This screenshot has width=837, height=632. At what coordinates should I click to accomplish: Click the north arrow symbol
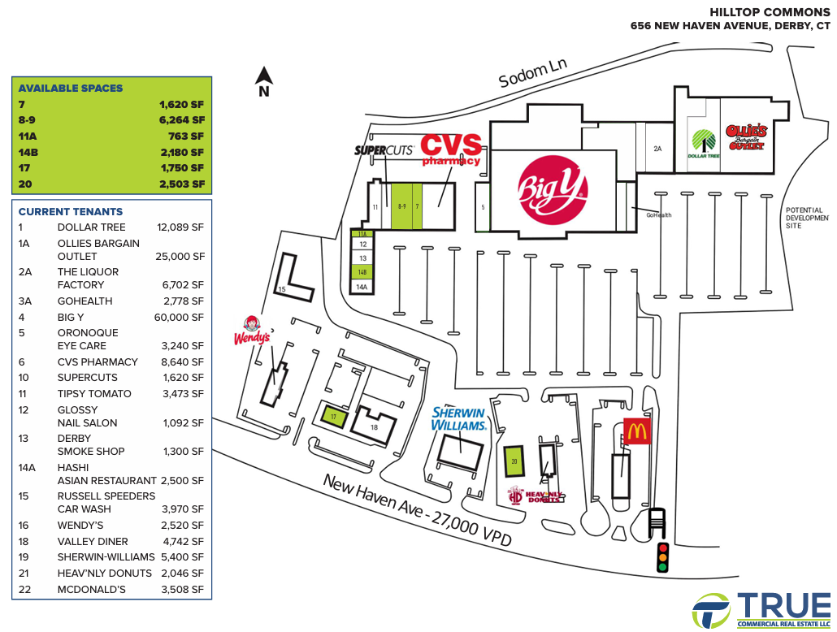tap(264, 82)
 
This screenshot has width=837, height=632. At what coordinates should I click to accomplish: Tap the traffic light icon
tap(662, 557)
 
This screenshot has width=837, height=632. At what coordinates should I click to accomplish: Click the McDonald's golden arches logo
tap(637, 431)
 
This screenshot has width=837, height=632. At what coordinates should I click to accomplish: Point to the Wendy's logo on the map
tap(252, 331)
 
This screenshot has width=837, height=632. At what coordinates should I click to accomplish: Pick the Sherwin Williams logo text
tap(458, 419)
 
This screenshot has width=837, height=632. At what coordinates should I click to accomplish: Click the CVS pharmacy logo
tap(452, 149)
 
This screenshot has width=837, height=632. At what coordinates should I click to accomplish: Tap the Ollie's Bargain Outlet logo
tap(746, 137)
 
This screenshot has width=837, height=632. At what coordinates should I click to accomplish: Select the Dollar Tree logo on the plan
tap(704, 144)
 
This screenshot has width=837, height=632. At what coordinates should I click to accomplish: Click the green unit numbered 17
tap(334, 417)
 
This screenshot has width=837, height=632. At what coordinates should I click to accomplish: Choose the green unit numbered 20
tap(514, 461)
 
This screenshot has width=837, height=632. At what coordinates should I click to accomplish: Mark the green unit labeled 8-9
tap(402, 206)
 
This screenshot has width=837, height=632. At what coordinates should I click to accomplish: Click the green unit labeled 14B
tap(362, 272)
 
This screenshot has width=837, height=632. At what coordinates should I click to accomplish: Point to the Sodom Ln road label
tap(532, 73)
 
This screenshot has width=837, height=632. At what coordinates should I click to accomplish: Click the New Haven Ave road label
tap(418, 511)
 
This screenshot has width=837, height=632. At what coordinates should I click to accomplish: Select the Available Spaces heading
tap(71, 88)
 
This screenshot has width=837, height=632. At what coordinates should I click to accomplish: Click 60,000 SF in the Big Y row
tap(179, 317)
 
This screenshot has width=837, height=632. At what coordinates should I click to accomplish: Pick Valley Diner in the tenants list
tap(93, 541)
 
